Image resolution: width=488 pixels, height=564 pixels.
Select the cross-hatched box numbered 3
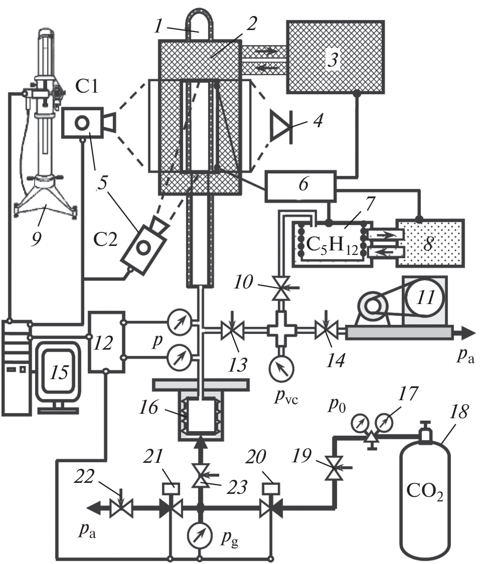coord(335,56)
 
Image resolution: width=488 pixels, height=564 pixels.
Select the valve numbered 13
coord(231,330)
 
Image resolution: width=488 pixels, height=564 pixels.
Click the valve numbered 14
coord(328,330)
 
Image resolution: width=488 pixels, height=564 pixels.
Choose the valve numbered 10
coord(278,290)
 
